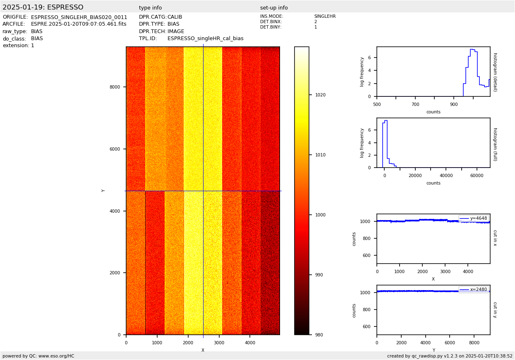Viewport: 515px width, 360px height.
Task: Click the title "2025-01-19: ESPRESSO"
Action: [43, 7]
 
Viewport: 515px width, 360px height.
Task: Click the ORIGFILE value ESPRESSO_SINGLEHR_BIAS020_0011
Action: [79, 17]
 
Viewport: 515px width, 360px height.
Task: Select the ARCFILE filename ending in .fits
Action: [79, 24]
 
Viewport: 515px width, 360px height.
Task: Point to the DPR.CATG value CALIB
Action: [175, 17]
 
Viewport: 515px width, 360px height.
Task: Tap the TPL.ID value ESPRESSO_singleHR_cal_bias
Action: [205, 38]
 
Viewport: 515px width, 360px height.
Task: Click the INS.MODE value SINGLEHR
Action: [325, 17]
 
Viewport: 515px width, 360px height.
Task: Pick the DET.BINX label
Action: [271, 22]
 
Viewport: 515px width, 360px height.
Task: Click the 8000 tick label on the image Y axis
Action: [115, 87]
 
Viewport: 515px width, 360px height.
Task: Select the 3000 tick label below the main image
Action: [219, 343]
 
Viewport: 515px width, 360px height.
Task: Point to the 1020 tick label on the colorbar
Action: [320, 95]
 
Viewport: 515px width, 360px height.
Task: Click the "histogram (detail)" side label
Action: [495, 72]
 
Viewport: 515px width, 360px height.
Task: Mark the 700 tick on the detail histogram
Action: [415, 105]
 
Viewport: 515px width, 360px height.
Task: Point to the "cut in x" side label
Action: [495, 238]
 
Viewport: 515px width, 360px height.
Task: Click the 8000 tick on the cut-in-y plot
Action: [474, 343]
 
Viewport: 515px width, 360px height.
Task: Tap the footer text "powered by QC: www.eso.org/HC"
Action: [38, 356]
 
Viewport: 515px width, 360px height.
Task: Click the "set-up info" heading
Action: [274, 8]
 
